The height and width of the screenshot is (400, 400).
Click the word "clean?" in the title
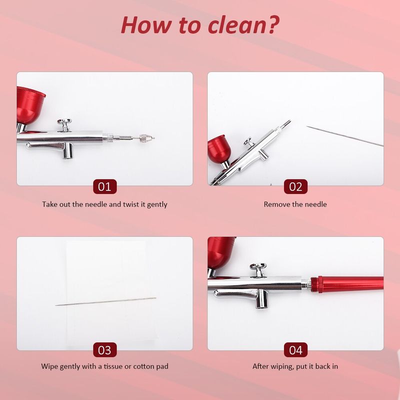coord(243,25)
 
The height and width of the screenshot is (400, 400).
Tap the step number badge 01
coord(104,186)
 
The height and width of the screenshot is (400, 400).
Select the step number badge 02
coord(295,186)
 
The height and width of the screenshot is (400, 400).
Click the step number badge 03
coord(104,349)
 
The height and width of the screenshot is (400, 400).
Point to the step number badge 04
coord(295,349)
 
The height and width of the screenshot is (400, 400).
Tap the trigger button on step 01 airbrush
coord(64,125)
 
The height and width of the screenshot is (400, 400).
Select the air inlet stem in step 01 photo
coord(67,151)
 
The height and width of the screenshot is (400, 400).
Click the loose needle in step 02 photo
coord(345,136)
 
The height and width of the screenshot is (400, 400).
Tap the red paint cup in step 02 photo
coord(219,151)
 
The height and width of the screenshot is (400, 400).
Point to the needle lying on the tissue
coord(105,301)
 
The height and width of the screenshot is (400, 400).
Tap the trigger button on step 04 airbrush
coord(258,270)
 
